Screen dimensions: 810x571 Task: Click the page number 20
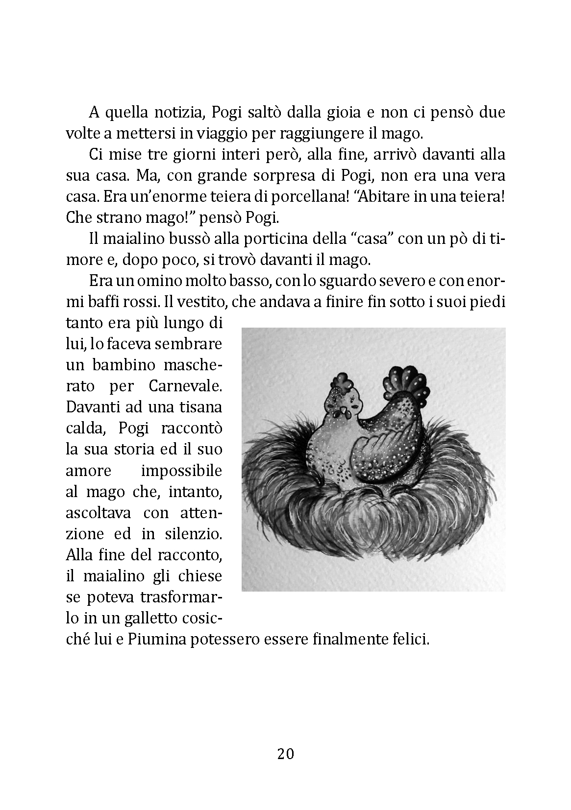coord(285,754)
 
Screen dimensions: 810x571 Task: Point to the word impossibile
coord(181,471)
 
